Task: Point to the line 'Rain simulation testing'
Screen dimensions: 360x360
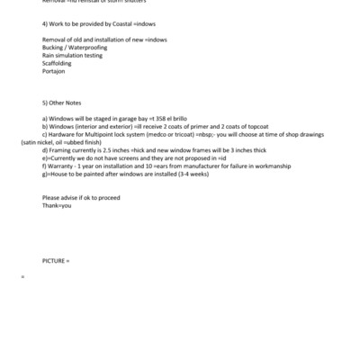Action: (x=71, y=56)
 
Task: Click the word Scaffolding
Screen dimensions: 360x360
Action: (x=57, y=64)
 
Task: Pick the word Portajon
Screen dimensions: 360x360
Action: (x=54, y=72)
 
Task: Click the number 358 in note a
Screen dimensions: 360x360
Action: (x=162, y=118)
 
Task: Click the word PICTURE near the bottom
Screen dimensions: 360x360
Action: (x=54, y=260)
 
